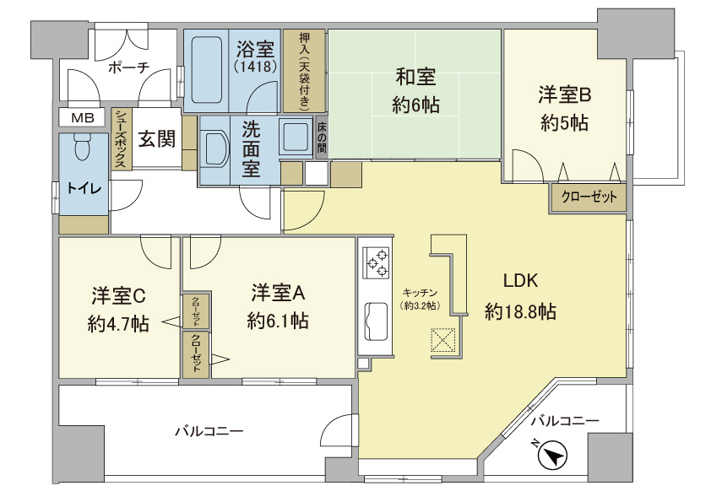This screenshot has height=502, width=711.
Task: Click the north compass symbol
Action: (x=553, y=456)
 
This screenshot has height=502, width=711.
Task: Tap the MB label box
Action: (x=82, y=117)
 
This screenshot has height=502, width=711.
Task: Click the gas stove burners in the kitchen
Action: (x=376, y=261)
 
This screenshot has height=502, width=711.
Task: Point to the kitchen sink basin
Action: (x=376, y=321)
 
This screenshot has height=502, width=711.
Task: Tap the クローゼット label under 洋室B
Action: (x=589, y=197)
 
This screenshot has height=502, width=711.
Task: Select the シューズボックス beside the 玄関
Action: (x=120, y=139)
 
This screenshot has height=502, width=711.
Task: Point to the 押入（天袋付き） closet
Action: (x=304, y=71)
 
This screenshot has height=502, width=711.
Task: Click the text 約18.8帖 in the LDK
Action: (x=520, y=311)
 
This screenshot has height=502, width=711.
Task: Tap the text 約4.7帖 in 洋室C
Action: (x=118, y=323)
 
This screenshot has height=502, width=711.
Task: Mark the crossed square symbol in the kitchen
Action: (x=442, y=341)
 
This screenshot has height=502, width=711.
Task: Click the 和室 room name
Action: (x=415, y=78)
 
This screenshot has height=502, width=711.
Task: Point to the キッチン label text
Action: (x=419, y=291)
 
